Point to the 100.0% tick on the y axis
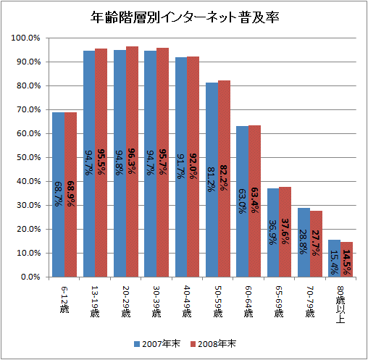(26, 38)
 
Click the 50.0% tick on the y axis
(28, 157)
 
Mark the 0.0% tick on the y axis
(30, 277)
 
